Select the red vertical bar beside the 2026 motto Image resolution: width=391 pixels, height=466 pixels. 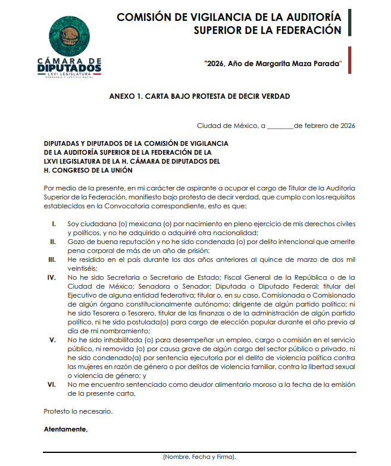point(350,61)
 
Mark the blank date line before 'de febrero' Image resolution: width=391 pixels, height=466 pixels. point(280,126)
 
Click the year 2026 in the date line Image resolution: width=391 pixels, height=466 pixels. point(346,126)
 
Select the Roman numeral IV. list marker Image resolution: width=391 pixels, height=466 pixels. point(52,277)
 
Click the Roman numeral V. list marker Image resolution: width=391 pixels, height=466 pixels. point(53,340)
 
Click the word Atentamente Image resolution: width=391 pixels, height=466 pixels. point(65,429)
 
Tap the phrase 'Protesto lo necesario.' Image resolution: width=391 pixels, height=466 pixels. point(78,411)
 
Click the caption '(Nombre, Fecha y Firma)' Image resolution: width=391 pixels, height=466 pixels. point(199,457)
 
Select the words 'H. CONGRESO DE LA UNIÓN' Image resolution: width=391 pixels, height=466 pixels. point(84,170)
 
